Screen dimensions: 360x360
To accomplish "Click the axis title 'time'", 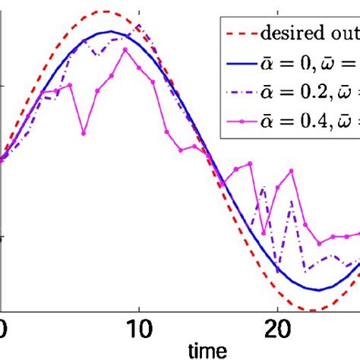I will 207,351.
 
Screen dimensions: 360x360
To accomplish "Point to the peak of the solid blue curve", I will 112,32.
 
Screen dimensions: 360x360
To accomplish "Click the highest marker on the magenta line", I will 125,49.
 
